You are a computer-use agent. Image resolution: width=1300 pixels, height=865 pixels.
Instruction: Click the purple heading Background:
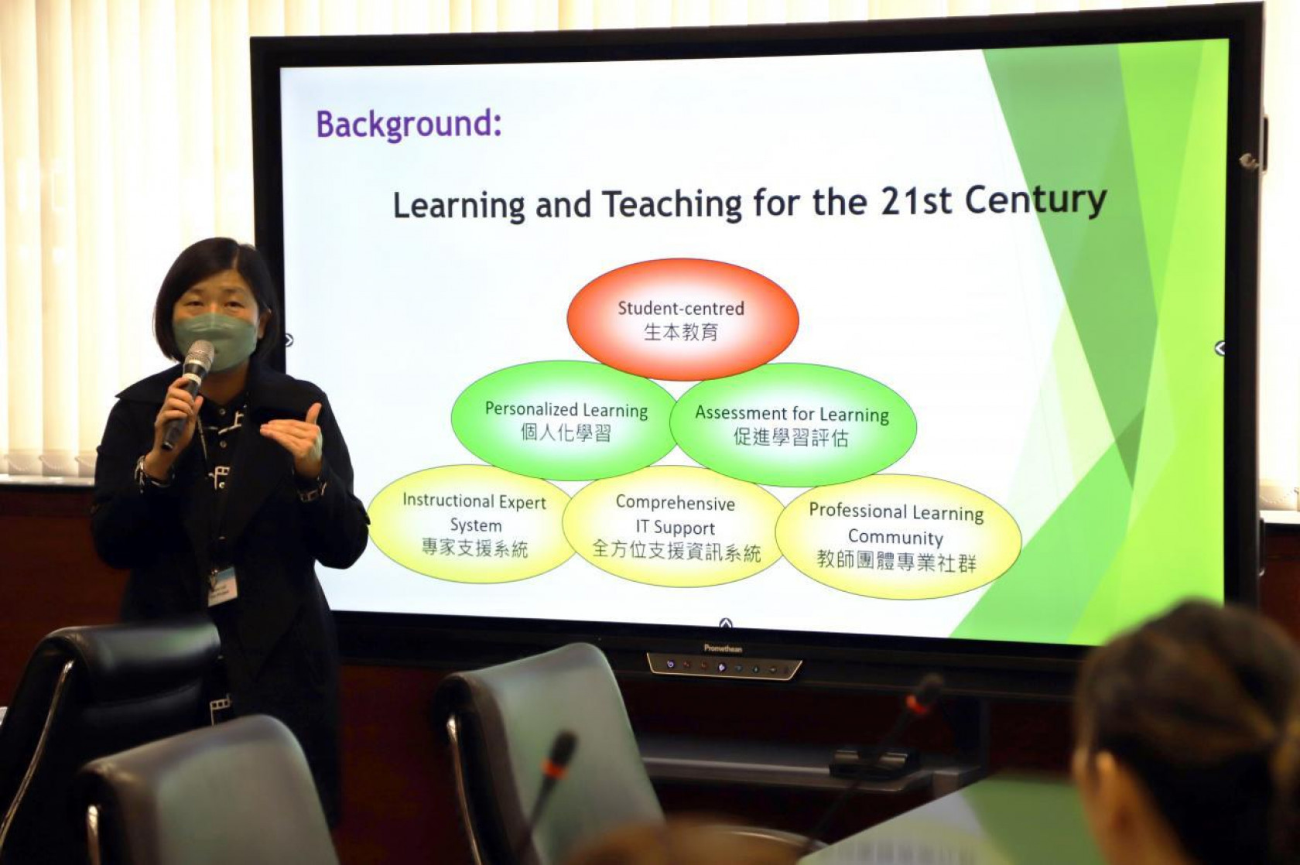409,125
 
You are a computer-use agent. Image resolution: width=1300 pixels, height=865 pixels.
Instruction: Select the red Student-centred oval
682,319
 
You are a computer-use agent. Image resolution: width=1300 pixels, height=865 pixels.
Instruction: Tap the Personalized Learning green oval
566,421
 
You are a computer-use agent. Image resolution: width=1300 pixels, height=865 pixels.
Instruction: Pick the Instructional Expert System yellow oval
474,524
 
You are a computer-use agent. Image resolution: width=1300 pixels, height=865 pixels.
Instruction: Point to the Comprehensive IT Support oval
675,527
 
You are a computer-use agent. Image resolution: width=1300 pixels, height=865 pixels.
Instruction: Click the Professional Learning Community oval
898,537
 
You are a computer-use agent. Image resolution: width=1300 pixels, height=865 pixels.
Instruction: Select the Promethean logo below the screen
723,648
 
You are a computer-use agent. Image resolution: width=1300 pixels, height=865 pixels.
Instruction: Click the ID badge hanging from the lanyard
222,585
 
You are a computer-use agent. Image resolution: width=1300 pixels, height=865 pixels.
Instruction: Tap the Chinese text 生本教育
681,333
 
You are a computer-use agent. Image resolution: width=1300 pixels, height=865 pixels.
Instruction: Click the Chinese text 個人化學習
566,432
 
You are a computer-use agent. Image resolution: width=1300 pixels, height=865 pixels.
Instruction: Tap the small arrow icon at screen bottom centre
725,624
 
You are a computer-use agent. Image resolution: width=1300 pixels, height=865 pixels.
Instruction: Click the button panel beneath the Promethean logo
724,666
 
